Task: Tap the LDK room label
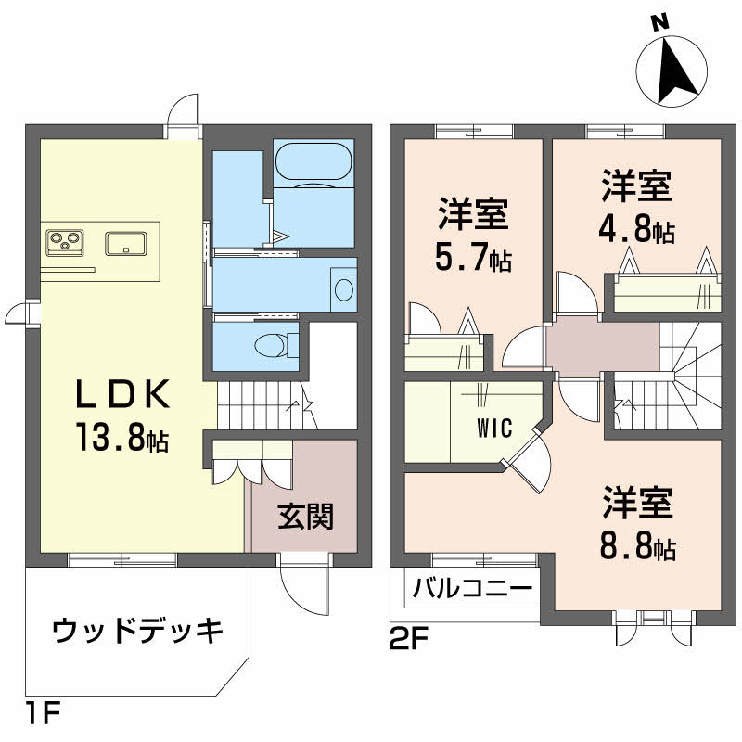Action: click(x=122, y=397)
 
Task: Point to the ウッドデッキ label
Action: click(x=137, y=632)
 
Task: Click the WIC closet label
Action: click(x=496, y=429)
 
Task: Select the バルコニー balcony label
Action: click(x=472, y=588)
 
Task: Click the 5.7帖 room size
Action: click(x=473, y=261)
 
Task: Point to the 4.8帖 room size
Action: click(x=636, y=230)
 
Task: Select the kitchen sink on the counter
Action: click(x=125, y=243)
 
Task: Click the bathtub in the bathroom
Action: click(x=313, y=161)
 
